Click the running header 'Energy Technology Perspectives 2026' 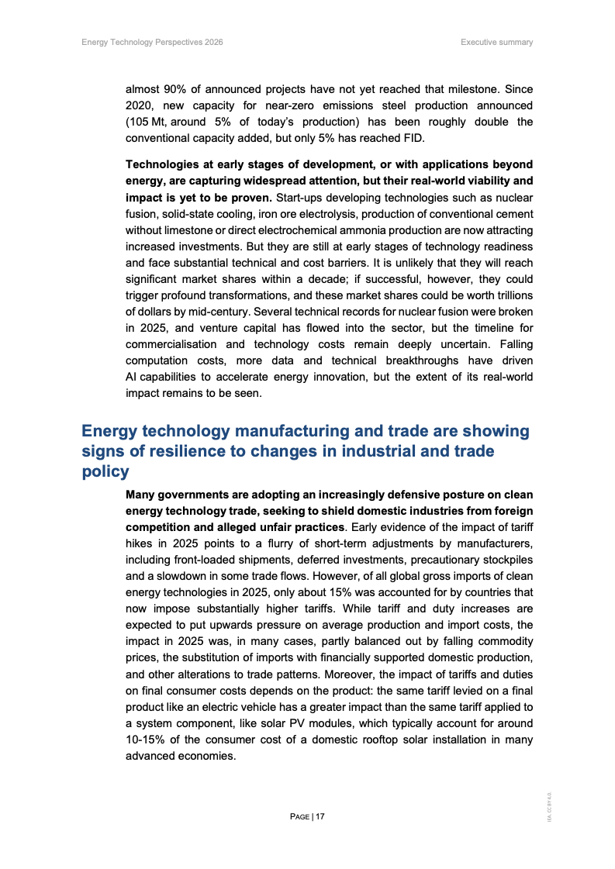click(x=152, y=42)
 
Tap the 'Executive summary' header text click(x=496, y=42)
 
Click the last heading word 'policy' click(x=105, y=471)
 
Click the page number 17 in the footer click(x=320, y=816)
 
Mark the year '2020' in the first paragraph click(x=140, y=105)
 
